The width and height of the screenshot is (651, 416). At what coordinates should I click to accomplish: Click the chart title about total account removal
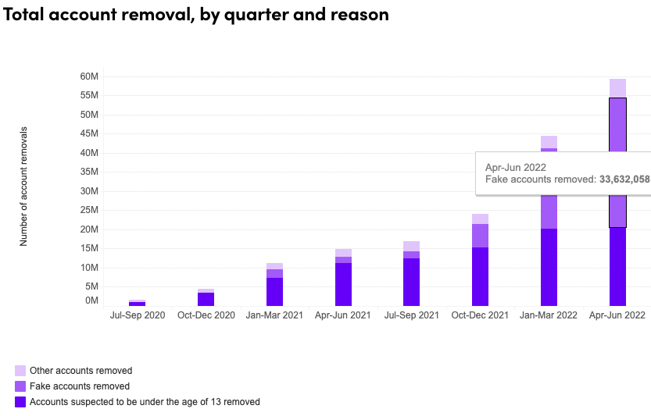(196, 14)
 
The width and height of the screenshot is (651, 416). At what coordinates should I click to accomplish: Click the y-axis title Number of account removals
(24, 186)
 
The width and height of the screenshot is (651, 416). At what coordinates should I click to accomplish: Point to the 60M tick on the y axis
(89, 76)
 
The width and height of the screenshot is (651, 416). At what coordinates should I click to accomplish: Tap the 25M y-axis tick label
(89, 210)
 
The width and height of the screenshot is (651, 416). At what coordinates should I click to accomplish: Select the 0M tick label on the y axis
(91, 300)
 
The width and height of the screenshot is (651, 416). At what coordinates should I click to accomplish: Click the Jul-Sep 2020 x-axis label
(138, 315)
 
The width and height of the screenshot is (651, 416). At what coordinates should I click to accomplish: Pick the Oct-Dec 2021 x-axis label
(480, 315)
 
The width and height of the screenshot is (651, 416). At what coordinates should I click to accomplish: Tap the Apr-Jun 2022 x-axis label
(617, 315)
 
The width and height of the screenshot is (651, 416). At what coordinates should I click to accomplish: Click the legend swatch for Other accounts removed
(20, 371)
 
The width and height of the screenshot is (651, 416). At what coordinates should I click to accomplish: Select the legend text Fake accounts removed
(80, 386)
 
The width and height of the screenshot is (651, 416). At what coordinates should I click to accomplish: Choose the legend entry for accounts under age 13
(144, 402)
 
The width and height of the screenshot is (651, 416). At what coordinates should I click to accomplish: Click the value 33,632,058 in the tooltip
(624, 180)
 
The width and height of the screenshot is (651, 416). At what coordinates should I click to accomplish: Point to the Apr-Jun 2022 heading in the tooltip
(515, 167)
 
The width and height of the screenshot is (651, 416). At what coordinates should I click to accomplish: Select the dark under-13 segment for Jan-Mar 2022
(549, 266)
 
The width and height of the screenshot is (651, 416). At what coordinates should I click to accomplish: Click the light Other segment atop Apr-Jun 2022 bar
(617, 87)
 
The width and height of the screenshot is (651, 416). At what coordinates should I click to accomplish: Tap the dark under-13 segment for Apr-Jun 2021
(343, 284)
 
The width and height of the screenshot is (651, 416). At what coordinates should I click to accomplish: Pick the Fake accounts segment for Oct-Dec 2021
(480, 236)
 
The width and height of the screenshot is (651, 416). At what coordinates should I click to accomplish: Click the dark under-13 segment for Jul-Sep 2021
(411, 282)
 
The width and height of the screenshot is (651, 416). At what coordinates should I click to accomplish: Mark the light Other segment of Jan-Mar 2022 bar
(549, 142)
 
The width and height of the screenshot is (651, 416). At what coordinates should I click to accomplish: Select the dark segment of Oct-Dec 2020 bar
(206, 299)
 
